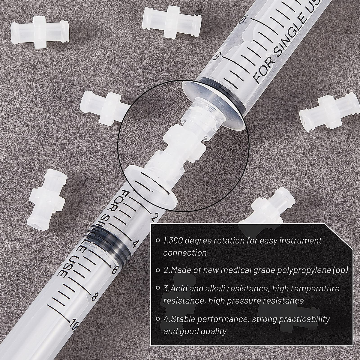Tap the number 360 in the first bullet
177,240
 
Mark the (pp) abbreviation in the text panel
340,270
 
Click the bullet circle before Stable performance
158,319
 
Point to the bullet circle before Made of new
158,270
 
